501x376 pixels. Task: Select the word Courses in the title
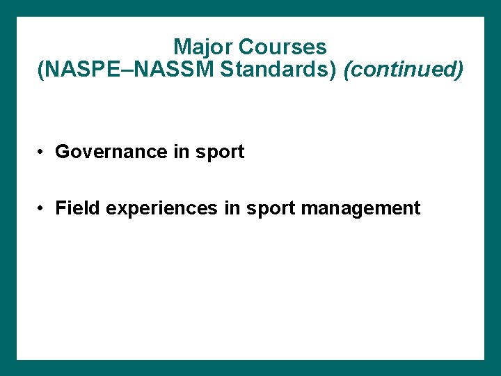click(282, 47)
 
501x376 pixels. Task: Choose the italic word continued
click(404, 70)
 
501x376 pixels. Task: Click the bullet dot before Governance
click(42, 152)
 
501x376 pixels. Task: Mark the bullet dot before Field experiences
click(42, 209)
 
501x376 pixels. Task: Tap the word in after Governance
click(181, 152)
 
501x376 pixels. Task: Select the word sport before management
click(270, 209)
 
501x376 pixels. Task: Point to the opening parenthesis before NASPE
click(40, 71)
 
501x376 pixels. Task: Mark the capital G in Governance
click(62, 152)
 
